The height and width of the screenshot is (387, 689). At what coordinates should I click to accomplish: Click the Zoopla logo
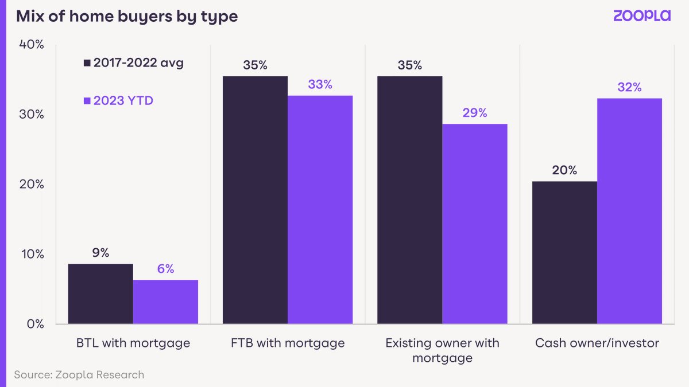[641, 15]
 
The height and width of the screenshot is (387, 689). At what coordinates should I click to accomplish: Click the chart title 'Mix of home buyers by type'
[127, 16]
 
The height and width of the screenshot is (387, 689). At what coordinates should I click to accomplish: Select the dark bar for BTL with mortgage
[100, 294]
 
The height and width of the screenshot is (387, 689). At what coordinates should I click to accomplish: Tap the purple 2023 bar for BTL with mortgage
[165, 302]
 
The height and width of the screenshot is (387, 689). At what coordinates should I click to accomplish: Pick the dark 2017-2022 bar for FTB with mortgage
[255, 200]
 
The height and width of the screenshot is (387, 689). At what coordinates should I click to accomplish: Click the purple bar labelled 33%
[320, 209]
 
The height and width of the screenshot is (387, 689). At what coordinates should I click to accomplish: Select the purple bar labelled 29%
[475, 224]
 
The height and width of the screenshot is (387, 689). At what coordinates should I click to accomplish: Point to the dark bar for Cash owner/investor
[564, 252]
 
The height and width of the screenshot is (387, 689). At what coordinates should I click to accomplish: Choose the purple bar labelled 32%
[629, 211]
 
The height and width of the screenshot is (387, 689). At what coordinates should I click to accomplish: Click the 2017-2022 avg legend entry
[134, 63]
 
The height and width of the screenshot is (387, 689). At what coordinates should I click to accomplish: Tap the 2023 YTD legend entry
[119, 101]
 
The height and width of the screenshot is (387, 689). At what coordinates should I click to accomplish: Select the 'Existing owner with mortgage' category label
[442, 350]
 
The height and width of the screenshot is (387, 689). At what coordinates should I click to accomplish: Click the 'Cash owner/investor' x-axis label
[597, 343]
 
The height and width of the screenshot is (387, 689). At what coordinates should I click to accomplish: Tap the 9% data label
[100, 253]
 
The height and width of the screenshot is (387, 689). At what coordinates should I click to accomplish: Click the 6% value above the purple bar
[165, 269]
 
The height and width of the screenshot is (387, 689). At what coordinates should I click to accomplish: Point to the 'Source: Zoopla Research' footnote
[79, 375]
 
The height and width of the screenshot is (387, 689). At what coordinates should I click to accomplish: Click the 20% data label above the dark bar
[564, 170]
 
